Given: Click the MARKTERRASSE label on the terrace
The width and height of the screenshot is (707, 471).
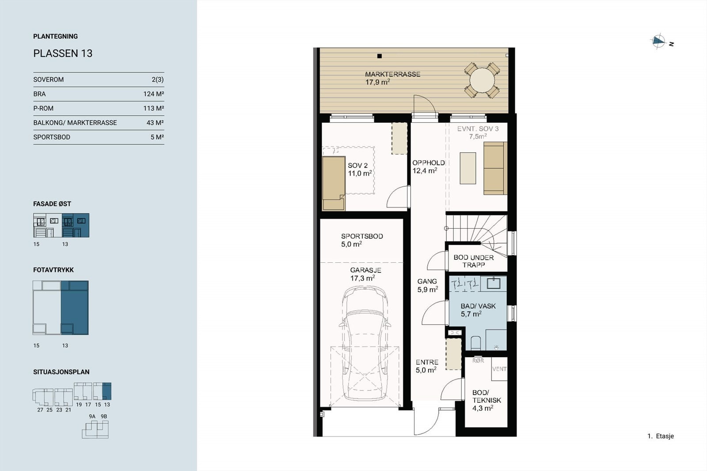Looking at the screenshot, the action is click(393, 75).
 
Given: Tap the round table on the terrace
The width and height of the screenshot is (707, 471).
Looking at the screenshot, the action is click(482, 81).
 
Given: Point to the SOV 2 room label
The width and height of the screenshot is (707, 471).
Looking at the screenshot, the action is click(357, 166).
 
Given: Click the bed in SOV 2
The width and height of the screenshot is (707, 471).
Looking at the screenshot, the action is click(334, 183).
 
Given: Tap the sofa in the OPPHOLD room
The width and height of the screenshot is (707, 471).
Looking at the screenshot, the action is click(495, 168).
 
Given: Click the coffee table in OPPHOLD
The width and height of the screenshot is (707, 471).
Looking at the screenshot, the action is click(468, 168).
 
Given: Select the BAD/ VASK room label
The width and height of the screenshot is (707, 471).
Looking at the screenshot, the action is click(478, 306).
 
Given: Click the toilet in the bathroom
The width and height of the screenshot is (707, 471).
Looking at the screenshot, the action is click(475, 343).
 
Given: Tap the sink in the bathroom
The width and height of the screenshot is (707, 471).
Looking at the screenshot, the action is click(494, 283).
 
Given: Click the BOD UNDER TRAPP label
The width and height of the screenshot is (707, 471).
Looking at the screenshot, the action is click(473, 261).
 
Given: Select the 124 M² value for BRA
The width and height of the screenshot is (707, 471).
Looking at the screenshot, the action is click(153, 94).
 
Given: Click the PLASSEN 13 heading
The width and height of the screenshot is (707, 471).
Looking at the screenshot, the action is click(63, 53).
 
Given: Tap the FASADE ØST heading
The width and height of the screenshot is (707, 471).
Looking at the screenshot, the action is click(52, 204).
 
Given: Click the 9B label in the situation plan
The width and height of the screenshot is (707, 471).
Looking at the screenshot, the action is click(104, 416).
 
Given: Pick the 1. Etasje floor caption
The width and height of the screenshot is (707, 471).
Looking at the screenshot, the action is click(661, 436).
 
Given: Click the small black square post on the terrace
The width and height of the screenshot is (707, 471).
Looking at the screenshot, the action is click(380, 56).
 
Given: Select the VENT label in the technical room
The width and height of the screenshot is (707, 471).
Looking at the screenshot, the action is click(499, 369).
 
